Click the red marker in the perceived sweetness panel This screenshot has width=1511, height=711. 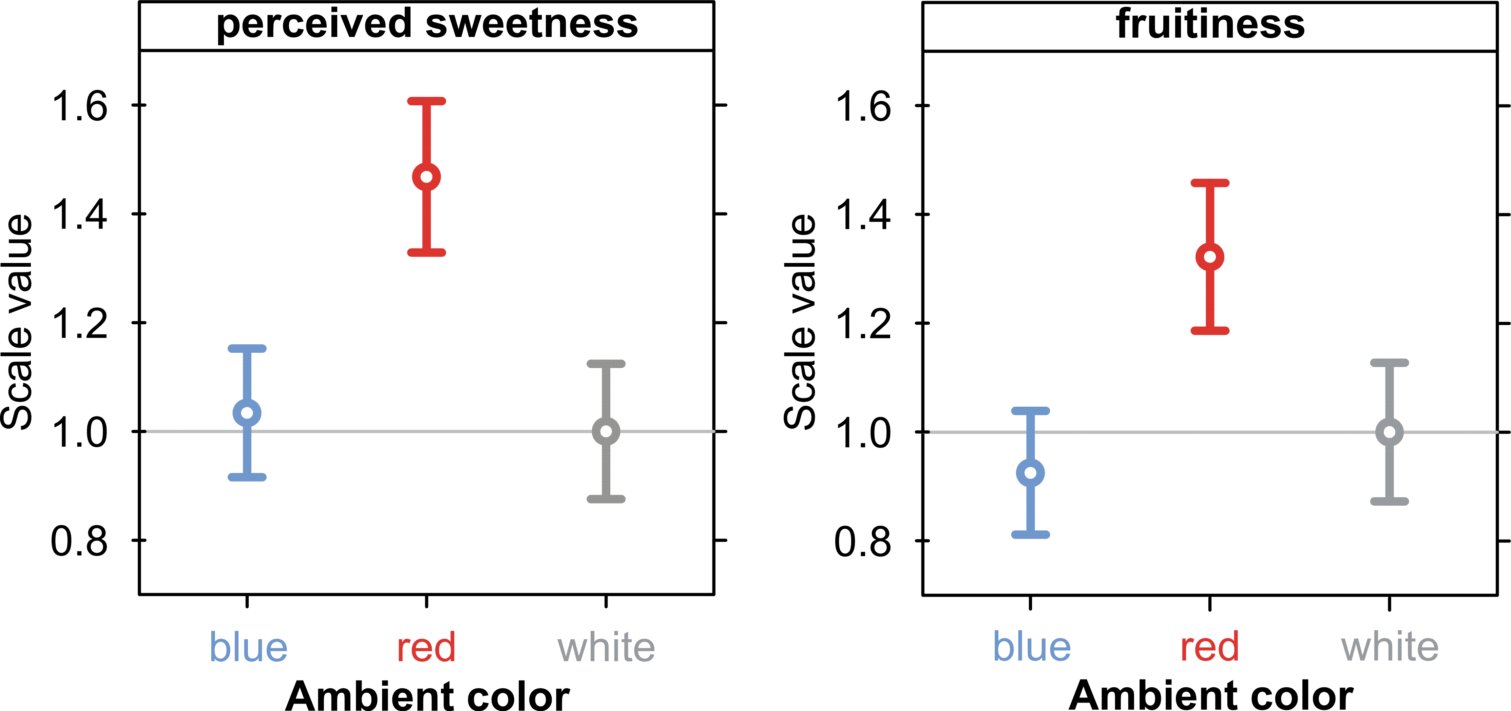click(426, 177)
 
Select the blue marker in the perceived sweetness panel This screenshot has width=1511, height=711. click(247, 413)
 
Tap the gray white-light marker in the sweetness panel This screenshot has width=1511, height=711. click(606, 431)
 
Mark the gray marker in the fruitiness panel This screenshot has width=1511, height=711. click(1389, 432)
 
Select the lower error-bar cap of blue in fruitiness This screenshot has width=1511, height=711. click(1030, 534)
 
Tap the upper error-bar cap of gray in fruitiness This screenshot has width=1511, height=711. click(1389, 363)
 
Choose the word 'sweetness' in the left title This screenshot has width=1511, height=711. click(532, 25)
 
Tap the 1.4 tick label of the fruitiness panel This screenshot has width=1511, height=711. click(862, 215)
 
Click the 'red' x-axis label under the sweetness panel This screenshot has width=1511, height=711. click(426, 648)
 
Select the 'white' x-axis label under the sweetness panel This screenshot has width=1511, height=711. click(606, 648)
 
